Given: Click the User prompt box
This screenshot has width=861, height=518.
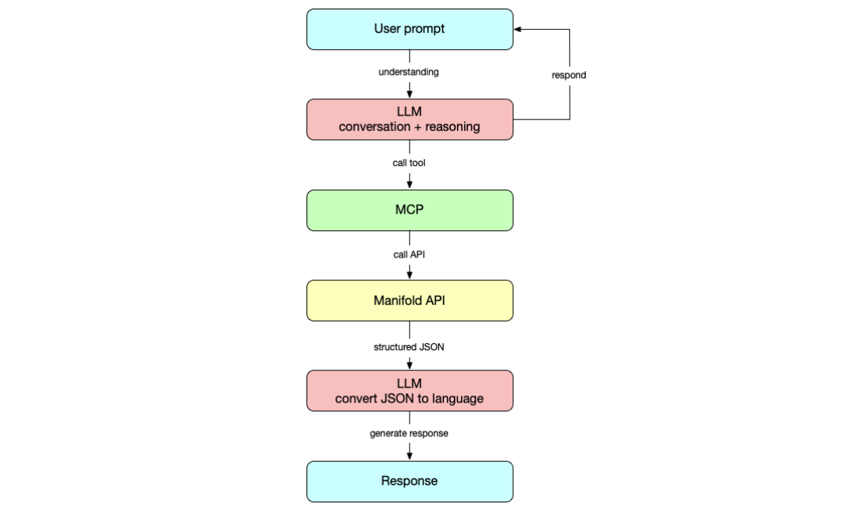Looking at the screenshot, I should click(409, 30).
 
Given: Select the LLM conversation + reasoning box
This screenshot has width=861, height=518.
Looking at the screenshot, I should click(409, 119).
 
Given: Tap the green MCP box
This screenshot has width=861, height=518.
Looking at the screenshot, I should click(409, 211).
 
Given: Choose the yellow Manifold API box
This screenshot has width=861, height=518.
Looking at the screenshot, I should click(409, 300).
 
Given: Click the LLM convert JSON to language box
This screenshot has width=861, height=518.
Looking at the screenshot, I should click(409, 391).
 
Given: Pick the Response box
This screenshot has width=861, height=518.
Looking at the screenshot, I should click(409, 481).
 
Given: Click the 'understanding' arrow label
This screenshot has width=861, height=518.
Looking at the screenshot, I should click(409, 72).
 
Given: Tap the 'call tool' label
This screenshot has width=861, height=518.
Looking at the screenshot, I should click(409, 163).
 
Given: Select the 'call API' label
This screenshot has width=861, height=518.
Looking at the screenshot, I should click(409, 254).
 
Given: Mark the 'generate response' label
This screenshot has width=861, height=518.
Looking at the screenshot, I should click(409, 434).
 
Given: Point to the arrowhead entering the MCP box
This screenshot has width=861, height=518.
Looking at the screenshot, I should click(409, 186).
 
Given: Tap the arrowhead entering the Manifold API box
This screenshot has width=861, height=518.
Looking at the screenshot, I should click(409, 276).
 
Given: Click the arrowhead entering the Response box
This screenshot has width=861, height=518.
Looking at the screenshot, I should click(409, 457).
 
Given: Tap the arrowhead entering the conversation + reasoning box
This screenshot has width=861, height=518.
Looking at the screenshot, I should click(409, 94).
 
